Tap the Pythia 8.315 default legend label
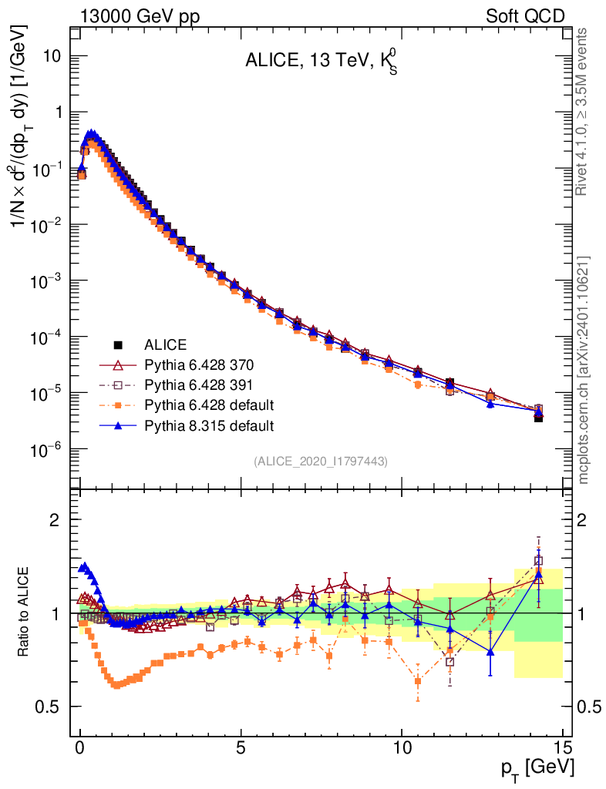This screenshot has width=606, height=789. [x=209, y=425]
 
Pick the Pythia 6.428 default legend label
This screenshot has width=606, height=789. [x=209, y=405]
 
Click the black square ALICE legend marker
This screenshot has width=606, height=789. [x=118, y=344]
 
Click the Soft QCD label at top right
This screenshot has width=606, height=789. [x=525, y=16]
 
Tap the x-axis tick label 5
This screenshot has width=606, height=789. [x=241, y=747]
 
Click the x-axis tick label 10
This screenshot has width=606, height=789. [x=402, y=747]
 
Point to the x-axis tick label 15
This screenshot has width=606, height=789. [x=563, y=747]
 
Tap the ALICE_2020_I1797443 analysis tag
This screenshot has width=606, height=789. [x=321, y=461]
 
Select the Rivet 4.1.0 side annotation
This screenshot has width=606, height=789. [x=584, y=112]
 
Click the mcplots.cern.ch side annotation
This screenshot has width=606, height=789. [x=584, y=370]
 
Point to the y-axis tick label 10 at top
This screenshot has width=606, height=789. [x=52, y=55]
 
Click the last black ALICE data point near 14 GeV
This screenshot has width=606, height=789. [x=539, y=418]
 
